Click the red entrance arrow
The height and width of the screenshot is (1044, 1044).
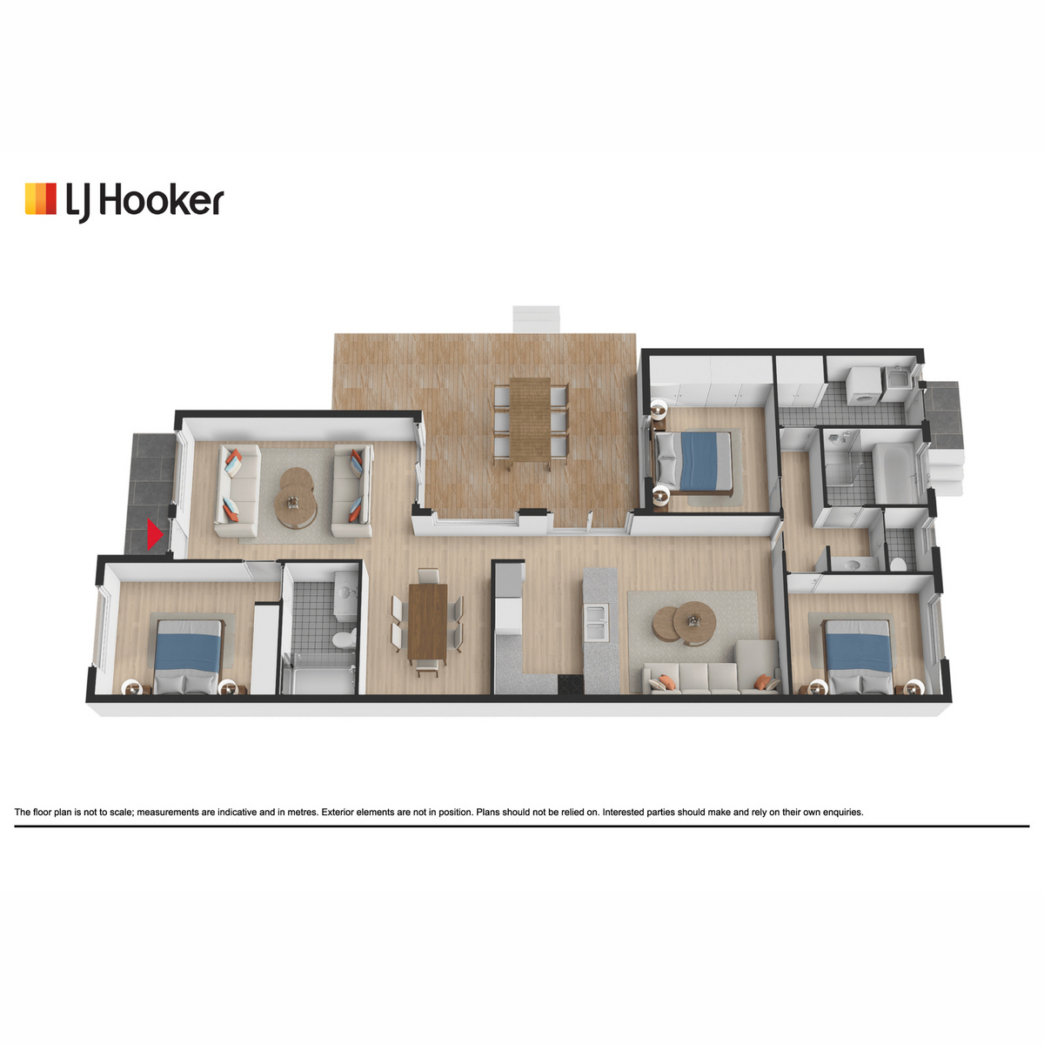tap(154, 535)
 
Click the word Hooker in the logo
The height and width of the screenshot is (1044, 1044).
tap(162, 201)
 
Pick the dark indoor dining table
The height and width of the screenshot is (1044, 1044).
tap(427, 623)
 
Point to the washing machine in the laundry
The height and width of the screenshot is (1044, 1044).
tap(863, 385)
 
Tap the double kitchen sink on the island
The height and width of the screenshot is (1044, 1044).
tap(597, 621)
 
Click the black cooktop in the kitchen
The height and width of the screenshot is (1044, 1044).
tap(571, 684)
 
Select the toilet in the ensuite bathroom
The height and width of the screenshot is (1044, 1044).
tap(344, 638)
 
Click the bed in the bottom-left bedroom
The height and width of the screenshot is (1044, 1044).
tap(188, 656)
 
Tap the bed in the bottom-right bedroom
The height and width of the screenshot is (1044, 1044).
tap(858, 656)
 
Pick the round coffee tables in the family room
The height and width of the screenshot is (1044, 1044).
tap(685, 623)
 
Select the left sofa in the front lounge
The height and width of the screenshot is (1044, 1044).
tap(238, 491)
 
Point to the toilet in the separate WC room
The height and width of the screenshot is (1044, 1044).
tap(898, 565)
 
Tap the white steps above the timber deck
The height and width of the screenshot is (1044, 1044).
tap(536, 319)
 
